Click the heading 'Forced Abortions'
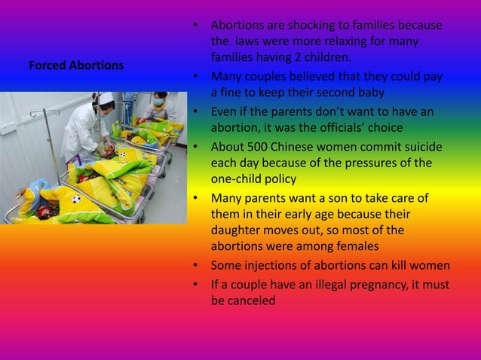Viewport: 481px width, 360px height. [76, 66]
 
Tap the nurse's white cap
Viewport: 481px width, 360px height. [108, 98]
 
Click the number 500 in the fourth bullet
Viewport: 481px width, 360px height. [253, 146]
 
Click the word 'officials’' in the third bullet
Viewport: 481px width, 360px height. [360, 127]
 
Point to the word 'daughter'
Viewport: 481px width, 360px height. [236, 231]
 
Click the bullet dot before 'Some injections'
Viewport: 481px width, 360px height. [196, 266]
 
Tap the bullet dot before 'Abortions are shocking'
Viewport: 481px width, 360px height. [196, 26]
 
